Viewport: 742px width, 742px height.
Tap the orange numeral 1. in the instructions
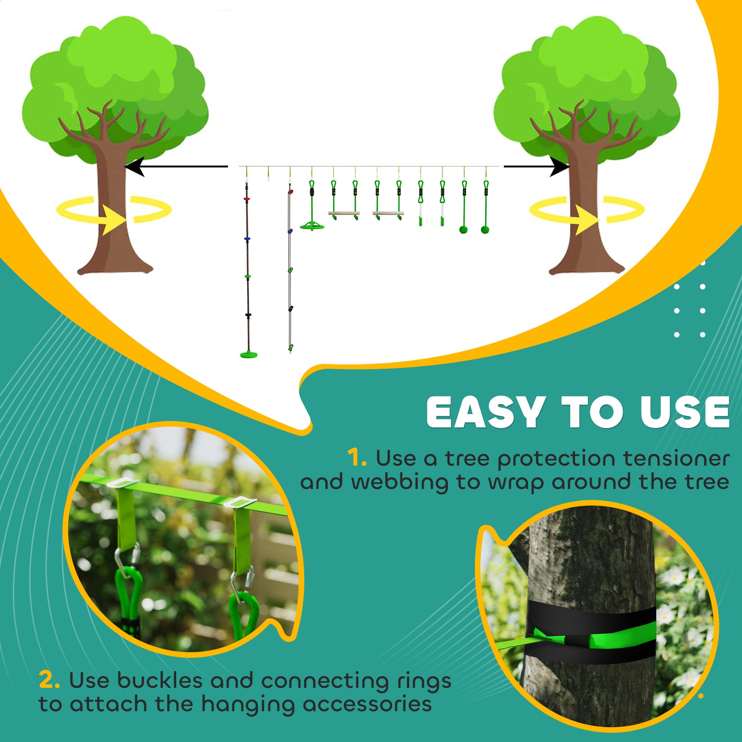point(357,459)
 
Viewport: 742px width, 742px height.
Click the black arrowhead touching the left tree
point(134,166)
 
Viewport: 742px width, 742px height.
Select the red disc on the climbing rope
point(247,198)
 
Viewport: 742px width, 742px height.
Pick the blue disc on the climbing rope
point(247,239)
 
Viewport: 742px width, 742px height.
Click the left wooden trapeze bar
point(344,212)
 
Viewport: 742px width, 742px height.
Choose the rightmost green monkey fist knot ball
point(486,230)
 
